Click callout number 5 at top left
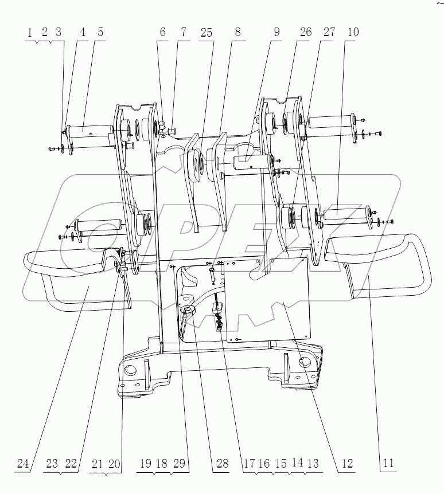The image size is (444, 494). pyautogui.click(x=100, y=33)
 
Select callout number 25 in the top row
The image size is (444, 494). pyautogui.click(x=206, y=33)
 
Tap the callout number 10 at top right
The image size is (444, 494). pyautogui.click(x=352, y=33)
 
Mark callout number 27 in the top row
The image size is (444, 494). pyautogui.click(x=329, y=33)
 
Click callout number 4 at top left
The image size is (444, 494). pyautogui.click(x=83, y=33)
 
